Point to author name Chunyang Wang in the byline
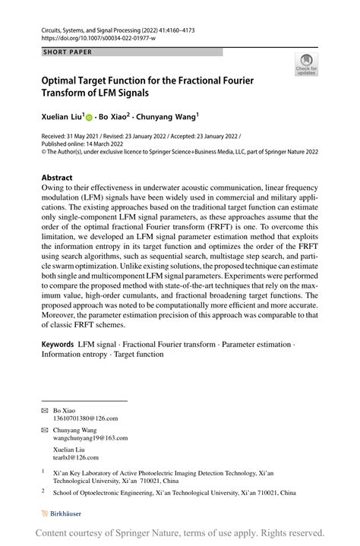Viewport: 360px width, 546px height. [x=169, y=118]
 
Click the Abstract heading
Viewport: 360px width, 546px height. [x=57, y=178]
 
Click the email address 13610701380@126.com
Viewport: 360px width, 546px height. [x=85, y=418]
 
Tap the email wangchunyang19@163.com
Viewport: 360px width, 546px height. [x=90, y=438]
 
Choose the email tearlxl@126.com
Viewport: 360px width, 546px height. [x=76, y=457]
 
